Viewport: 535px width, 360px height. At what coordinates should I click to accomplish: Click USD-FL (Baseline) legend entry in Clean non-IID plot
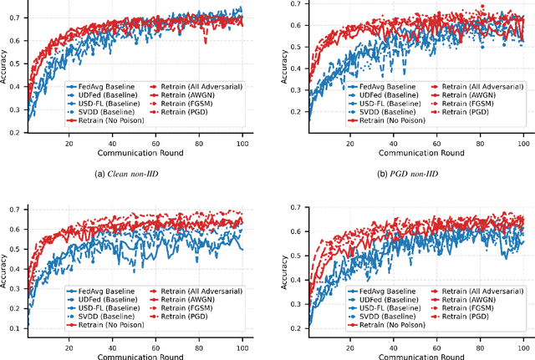pos(100,104)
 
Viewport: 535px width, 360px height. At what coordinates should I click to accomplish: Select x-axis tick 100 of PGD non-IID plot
pos(523,142)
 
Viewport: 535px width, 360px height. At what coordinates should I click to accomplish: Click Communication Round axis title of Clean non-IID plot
pos(135,154)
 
